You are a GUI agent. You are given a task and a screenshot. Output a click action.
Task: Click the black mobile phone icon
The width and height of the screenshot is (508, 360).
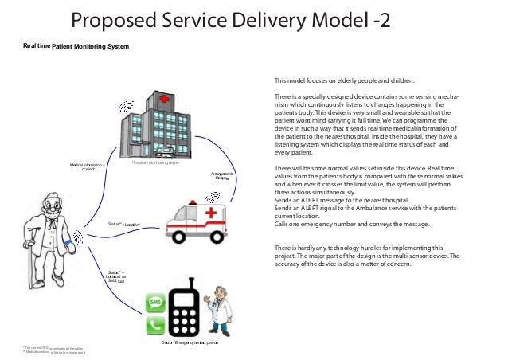184,306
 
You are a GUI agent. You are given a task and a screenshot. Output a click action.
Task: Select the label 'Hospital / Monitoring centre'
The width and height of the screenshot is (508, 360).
158,162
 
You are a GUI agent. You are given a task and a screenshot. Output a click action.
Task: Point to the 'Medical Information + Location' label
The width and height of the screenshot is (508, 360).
87,167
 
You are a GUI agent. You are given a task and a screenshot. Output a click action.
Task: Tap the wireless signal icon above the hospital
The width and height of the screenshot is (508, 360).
126,105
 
